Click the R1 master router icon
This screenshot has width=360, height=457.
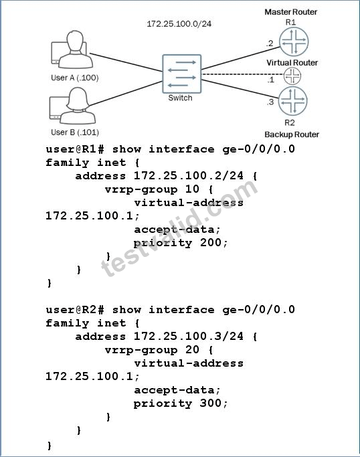pyautogui.click(x=294, y=41)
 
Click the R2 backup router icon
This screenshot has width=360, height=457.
pyautogui.click(x=292, y=101)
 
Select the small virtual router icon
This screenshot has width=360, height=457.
pyautogui.click(x=292, y=76)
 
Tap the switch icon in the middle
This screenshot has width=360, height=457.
pyautogui.click(x=181, y=74)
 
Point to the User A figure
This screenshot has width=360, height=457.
pyautogui.click(x=72, y=50)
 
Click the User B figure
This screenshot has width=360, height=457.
pyautogui.click(x=72, y=106)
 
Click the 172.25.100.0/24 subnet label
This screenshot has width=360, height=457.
pyautogui.click(x=179, y=24)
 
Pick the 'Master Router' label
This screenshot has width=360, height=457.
pyautogui.click(x=290, y=12)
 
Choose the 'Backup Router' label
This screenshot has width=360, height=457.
pyautogui.click(x=292, y=134)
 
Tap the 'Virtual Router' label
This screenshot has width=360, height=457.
pyautogui.click(x=292, y=63)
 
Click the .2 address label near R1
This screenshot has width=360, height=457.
pyautogui.click(x=270, y=43)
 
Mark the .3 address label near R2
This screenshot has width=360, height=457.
pyautogui.click(x=270, y=102)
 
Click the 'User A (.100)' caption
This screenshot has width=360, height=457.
pyautogui.click(x=75, y=78)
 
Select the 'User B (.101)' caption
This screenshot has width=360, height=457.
pyautogui.click(x=75, y=132)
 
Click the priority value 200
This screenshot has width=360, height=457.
pyautogui.click(x=211, y=242)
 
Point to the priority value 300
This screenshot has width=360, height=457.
pyautogui.click(x=211, y=403)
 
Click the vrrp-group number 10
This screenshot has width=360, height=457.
pyautogui.click(x=193, y=189)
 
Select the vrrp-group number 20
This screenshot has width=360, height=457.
pyautogui.click(x=193, y=349)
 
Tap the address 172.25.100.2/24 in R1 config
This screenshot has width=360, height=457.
pyautogui.click(x=189, y=175)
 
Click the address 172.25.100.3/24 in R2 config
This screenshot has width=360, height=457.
pyautogui.click(x=189, y=336)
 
